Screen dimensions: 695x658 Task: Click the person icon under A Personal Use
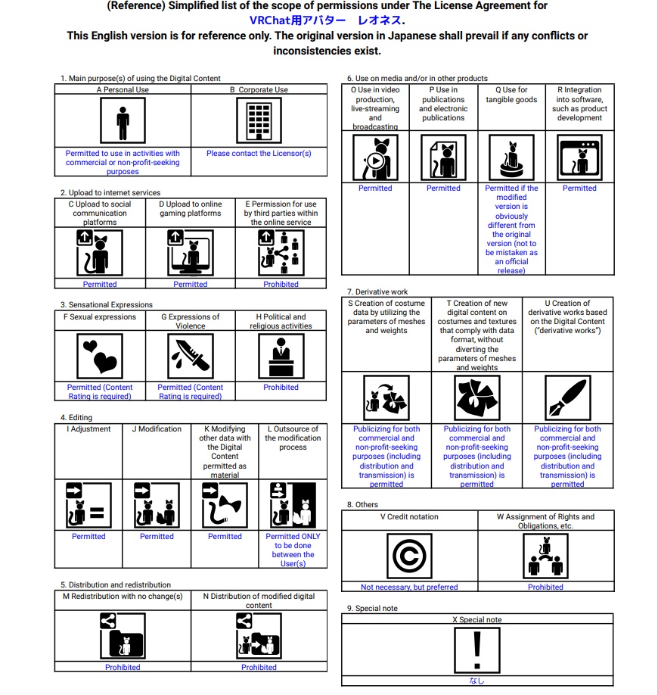click(x=123, y=120)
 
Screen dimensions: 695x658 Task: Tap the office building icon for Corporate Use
click(x=259, y=120)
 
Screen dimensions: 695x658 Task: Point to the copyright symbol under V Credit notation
click(x=410, y=556)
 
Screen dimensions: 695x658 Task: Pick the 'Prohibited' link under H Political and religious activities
click(x=281, y=387)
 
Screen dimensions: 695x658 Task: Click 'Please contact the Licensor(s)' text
click(x=259, y=153)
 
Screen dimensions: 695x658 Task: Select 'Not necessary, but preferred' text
click(x=409, y=587)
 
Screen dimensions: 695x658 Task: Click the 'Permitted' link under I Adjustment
click(x=88, y=536)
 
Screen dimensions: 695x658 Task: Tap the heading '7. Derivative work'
click(x=377, y=291)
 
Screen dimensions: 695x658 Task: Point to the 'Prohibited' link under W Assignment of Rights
click(x=545, y=587)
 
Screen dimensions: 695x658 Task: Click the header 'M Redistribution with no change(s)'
click(x=123, y=596)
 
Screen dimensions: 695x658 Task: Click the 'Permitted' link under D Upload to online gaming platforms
click(x=190, y=284)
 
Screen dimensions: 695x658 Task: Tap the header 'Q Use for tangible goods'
click(x=511, y=95)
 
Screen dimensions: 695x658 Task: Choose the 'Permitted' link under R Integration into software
click(x=579, y=188)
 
